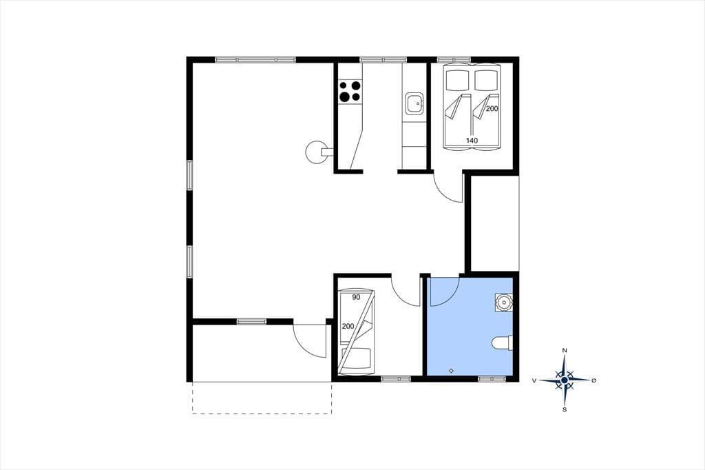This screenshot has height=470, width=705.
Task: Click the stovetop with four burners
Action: click(x=350, y=91)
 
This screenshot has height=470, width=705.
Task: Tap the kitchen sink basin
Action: click(x=414, y=104)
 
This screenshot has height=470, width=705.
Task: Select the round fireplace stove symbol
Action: click(x=315, y=152)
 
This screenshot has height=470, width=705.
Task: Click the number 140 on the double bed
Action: click(x=472, y=141)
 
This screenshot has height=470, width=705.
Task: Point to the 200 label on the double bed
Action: click(x=492, y=108)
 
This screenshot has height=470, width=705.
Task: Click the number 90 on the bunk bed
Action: click(x=356, y=297)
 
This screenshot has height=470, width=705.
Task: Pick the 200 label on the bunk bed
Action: click(x=348, y=327)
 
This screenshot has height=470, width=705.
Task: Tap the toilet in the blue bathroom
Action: click(x=502, y=343)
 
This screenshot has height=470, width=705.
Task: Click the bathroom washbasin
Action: click(x=503, y=302)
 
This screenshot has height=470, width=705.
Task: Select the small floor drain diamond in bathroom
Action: click(x=452, y=371)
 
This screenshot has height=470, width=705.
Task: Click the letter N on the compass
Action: click(x=565, y=350)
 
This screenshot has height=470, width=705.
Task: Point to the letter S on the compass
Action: click(x=565, y=409)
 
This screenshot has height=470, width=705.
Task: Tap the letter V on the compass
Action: click(x=534, y=380)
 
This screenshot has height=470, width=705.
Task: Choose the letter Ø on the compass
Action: click(x=594, y=380)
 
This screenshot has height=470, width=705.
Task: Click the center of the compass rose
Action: click(x=565, y=380)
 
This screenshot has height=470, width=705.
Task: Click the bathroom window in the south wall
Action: click(x=492, y=379)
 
